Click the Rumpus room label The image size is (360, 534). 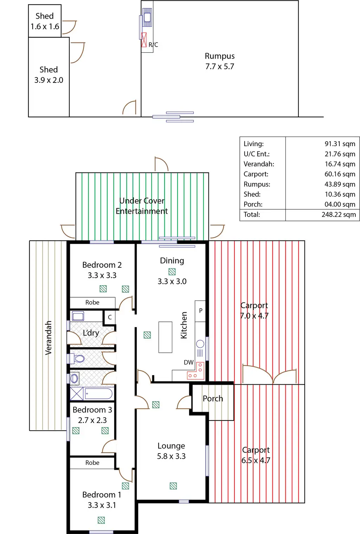pyautogui.click(x=219, y=56)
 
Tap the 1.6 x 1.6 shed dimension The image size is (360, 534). pyautogui.click(x=45, y=27)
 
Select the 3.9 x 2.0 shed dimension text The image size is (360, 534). pyautogui.click(x=49, y=80)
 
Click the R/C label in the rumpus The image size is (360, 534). pyautogui.click(x=153, y=45)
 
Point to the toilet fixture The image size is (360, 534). pyautogui.click(x=79, y=359)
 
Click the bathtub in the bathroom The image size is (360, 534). pyautogui.click(x=98, y=394)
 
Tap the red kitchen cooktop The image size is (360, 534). pyautogui.click(x=196, y=371)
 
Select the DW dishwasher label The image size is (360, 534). pyautogui.click(x=188, y=363)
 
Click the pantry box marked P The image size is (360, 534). pyautogui.click(x=200, y=311)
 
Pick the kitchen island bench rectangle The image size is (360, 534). pyautogui.click(x=165, y=337)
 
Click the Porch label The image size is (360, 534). pyautogui.click(x=213, y=399)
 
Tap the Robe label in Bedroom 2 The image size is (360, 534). pyautogui.click(x=92, y=302)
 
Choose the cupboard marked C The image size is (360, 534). pyautogui.click(x=110, y=317)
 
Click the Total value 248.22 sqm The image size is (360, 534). pyautogui.click(x=339, y=215)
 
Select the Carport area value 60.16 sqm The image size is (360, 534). pyautogui.click(x=340, y=174)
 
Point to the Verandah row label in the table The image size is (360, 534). pyautogui.click(x=259, y=164)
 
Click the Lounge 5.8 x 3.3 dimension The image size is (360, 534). pyautogui.click(x=171, y=456)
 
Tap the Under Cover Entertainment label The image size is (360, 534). pyautogui.click(x=142, y=206)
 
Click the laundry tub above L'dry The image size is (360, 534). pyautogui.click(x=78, y=316)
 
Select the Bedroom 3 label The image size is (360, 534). pyautogui.click(x=92, y=410)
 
